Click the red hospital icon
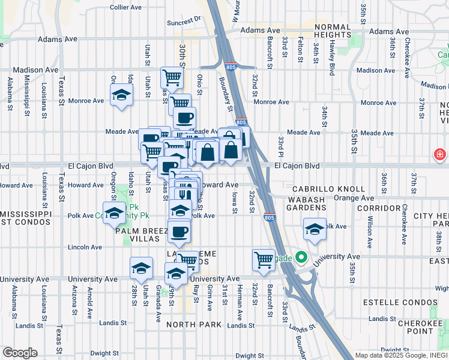click(x=440, y=155)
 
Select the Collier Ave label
click(x=126, y=7)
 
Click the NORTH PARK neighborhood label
click(x=194, y=325)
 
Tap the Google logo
click(x=20, y=353)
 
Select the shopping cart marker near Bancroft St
click(x=264, y=260)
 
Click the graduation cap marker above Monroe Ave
click(x=122, y=94)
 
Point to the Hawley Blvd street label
click(x=331, y=59)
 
